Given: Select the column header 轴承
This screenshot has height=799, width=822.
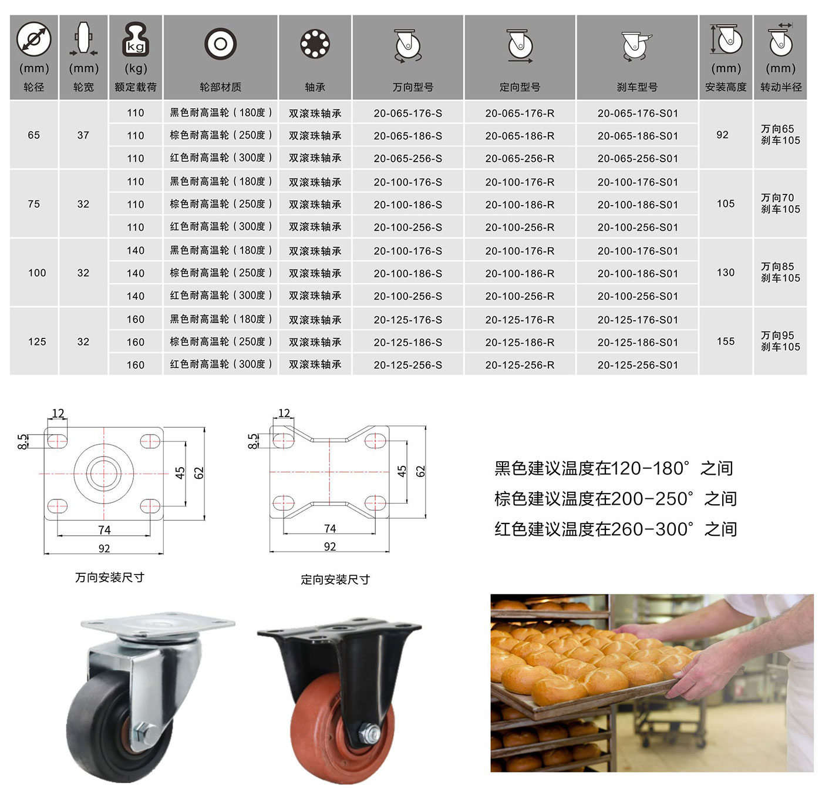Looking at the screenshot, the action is [x=315, y=87].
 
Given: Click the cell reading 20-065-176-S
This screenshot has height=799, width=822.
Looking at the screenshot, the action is [x=407, y=113].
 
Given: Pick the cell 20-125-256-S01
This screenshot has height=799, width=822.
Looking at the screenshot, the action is [x=638, y=365].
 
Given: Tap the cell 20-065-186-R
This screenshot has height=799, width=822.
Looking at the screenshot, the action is [x=520, y=136].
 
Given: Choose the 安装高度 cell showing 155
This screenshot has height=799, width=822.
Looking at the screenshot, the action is [x=725, y=341].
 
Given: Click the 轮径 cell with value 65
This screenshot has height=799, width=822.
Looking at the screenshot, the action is [x=34, y=135].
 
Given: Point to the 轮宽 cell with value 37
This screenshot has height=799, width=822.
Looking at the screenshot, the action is [x=83, y=135].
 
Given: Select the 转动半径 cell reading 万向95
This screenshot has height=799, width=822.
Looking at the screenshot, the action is [x=777, y=335].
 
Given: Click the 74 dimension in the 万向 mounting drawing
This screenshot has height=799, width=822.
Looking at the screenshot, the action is [x=105, y=530].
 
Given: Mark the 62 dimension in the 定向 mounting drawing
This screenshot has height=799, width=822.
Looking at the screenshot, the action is [x=420, y=471].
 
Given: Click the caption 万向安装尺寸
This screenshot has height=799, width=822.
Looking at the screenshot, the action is [x=110, y=577].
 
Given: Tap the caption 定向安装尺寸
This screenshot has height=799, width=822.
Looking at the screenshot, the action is [x=335, y=579].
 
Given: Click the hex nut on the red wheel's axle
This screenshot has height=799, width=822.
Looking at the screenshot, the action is [x=369, y=734].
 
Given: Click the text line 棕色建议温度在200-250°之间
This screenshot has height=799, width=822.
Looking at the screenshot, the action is [x=615, y=499].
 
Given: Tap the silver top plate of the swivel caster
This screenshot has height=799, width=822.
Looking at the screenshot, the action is [x=158, y=623].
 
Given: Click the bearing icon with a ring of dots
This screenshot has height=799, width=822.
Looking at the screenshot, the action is [x=315, y=43].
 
